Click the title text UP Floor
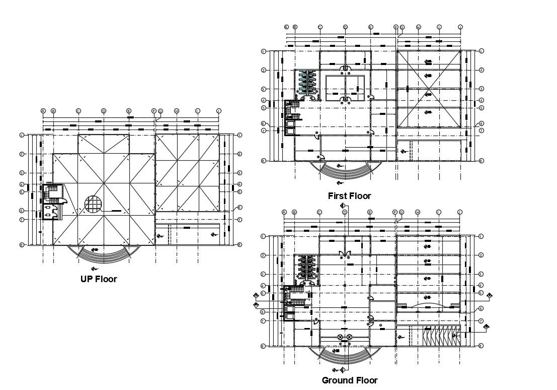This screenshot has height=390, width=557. pos(99,279)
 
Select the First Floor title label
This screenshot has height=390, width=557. pos(349,196)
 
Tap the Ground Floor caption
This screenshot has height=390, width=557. pos(349,380)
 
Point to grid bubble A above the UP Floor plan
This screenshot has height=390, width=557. pos(43,111)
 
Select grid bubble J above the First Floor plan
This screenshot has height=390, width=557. pos(460,27)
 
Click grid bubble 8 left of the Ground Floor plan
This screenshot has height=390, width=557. pos(263,346)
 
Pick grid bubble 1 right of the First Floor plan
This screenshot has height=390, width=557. pos(482,51)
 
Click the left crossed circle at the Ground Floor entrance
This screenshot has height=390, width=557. pos(340,337)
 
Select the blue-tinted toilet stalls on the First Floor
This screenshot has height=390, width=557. pos(306,83)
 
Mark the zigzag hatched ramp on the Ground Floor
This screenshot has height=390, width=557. pos(439,336)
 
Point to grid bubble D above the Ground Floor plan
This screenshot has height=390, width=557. pos(345,212)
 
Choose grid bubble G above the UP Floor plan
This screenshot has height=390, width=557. pos(161,111)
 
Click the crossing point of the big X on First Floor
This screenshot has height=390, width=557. pos(429,93)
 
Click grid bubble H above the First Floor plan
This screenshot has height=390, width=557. pos(418,27)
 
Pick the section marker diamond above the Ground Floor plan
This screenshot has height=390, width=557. pos(342,205)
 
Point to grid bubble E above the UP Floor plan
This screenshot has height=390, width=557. pos(129,111)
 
